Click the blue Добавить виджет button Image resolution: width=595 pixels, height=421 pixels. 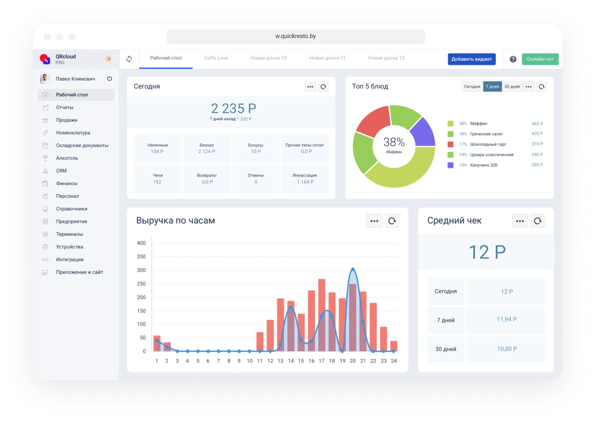[471, 59]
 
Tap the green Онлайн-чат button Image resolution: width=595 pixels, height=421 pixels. [540, 59]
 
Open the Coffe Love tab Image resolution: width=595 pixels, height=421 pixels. [216, 58]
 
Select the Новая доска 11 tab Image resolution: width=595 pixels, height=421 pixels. [327, 58]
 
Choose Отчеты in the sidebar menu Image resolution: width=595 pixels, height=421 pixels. [65, 107]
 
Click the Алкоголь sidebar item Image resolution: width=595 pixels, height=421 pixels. [67, 158]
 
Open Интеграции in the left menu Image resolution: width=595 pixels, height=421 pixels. [70, 260]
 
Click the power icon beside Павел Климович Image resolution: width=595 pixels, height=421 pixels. [109, 79]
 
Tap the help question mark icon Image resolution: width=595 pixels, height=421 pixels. [513, 59]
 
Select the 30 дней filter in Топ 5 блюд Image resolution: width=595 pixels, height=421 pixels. [512, 87]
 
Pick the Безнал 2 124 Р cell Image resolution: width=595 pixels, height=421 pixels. [207, 148]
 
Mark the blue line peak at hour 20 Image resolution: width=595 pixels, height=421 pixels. [353, 269]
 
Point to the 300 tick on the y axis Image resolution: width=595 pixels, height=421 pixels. [141, 270]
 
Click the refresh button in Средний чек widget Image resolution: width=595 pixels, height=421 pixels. [538, 221]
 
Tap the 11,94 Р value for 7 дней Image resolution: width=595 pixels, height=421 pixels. [506, 320]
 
